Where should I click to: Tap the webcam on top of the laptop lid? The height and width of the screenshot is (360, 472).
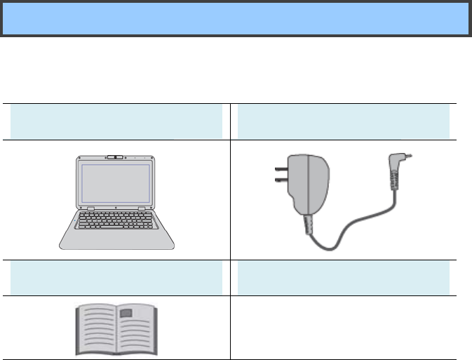point(117,156)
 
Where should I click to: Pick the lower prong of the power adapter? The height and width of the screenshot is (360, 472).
point(278,183)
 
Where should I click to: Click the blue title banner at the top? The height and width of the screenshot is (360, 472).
point(236,18)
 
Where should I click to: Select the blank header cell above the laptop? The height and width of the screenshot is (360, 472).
point(117,120)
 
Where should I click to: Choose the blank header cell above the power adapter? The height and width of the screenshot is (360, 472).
point(344,120)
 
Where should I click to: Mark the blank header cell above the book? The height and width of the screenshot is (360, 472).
point(117,276)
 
